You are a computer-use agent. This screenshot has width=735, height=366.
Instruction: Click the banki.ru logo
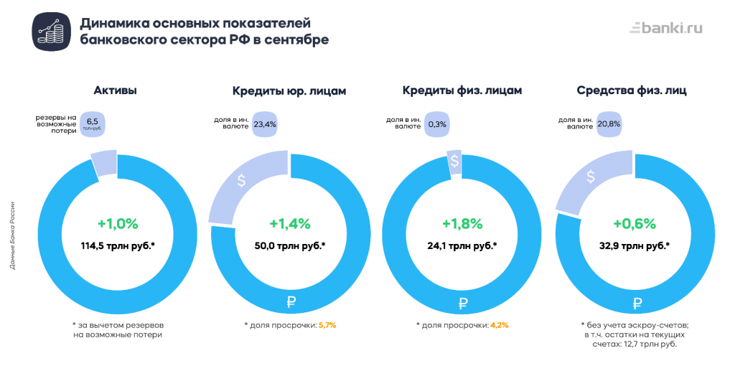(x=665, y=29)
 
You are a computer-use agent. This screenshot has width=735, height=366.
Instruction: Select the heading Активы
(x=116, y=91)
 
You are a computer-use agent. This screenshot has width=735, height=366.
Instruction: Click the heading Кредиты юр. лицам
(x=289, y=91)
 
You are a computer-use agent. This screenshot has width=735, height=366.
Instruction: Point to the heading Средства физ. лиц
(x=632, y=91)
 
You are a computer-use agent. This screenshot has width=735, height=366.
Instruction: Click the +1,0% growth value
(x=117, y=223)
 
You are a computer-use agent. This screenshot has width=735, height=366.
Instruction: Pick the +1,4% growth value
(x=289, y=223)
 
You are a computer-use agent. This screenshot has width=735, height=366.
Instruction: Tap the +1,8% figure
(x=461, y=223)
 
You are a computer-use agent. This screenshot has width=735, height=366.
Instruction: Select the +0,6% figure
(x=634, y=223)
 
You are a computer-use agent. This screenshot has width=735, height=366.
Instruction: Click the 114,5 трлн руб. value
(x=117, y=245)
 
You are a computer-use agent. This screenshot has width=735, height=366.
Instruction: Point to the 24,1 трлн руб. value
(x=461, y=245)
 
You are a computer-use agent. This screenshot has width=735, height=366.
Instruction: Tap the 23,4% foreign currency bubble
(x=265, y=124)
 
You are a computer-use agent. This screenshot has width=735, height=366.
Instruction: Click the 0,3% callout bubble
(x=437, y=124)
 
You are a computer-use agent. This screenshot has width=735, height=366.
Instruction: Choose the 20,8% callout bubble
(x=609, y=124)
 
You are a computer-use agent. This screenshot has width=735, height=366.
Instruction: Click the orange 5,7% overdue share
(x=327, y=325)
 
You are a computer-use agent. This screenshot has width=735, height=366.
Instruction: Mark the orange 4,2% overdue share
(x=499, y=325)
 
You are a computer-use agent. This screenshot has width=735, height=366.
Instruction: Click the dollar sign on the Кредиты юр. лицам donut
(x=242, y=182)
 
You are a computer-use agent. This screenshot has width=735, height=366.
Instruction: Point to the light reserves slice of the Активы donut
(x=103, y=164)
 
